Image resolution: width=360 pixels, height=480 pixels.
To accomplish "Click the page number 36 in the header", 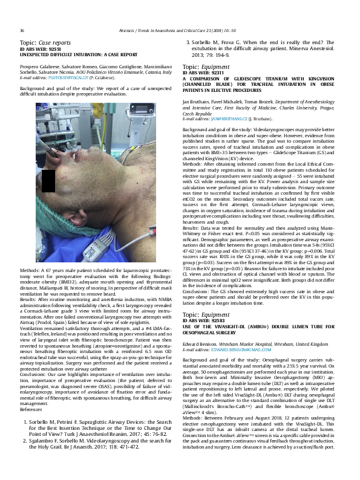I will pos(22,31).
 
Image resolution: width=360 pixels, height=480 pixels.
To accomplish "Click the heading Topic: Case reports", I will pos(45,43).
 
